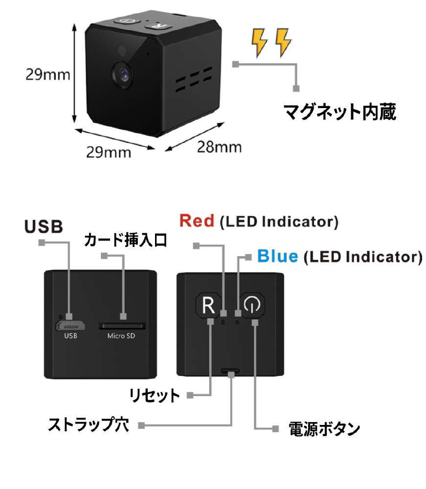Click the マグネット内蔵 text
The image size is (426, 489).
coord(340,112)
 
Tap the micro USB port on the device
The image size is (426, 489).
coord(71,326)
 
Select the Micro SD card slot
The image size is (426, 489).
coord(122,325)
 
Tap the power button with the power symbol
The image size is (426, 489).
coord(251,306)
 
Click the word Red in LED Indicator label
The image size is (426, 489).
coord(197,221)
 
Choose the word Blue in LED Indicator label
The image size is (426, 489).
coord(277,256)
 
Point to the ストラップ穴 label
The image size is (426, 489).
coord(89,424)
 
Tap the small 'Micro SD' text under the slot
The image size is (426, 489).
coord(121,336)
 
